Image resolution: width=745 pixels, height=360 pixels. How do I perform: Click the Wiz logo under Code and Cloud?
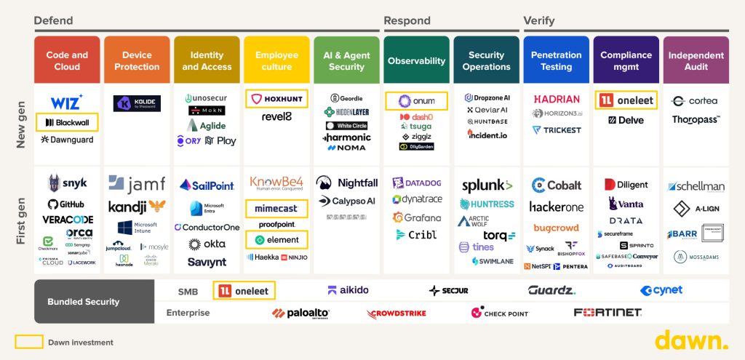pyautogui.click(x=66, y=102)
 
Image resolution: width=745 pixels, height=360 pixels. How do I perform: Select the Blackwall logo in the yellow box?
pyautogui.click(x=66, y=122)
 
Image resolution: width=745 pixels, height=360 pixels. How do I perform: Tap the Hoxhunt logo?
pyautogui.click(x=276, y=98)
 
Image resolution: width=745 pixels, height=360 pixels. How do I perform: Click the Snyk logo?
pyautogui.click(x=66, y=185)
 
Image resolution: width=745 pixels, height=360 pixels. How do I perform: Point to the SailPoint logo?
pyautogui.click(x=207, y=185)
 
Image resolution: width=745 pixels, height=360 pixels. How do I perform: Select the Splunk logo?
pyautogui.click(x=487, y=185)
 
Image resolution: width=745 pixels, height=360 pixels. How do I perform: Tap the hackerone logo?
pyautogui.click(x=557, y=207)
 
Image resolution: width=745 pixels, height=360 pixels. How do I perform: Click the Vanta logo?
pyautogui.click(x=626, y=204)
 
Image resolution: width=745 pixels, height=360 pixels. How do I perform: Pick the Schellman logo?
pyautogui.click(x=696, y=186)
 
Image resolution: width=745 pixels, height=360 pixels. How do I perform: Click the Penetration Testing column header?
pyautogui.click(x=557, y=61)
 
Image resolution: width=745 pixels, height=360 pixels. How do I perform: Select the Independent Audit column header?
pyautogui.click(x=696, y=61)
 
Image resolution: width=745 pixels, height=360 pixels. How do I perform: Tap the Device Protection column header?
pyautogui.click(x=137, y=61)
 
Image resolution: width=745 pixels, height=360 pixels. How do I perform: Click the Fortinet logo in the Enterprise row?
pyautogui.click(x=607, y=313)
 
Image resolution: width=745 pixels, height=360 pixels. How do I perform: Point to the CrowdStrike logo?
pyautogui.click(x=397, y=313)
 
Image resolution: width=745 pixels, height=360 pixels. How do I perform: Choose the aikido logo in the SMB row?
pyautogui.click(x=348, y=290)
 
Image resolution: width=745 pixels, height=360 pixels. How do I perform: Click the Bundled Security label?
pyautogui.click(x=93, y=301)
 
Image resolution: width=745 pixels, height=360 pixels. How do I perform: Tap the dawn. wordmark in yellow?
pyautogui.click(x=691, y=340)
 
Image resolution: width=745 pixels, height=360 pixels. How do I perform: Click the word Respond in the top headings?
pyautogui.click(x=407, y=21)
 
